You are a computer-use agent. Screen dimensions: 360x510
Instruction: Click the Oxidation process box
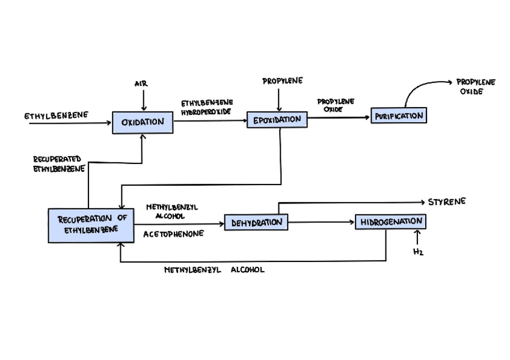(x=143, y=123)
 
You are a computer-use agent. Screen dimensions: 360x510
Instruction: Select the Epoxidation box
(x=277, y=120)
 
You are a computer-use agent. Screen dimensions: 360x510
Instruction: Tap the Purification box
(x=399, y=115)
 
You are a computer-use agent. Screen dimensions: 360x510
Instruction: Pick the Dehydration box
(x=256, y=222)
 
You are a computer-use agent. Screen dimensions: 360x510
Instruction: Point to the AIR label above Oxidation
(x=141, y=84)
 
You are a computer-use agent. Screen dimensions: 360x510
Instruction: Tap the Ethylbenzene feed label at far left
(x=57, y=115)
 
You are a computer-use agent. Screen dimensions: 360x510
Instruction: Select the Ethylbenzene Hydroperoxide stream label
(x=207, y=107)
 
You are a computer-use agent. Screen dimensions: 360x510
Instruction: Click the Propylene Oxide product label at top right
(x=475, y=87)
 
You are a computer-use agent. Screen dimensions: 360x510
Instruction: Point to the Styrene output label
(x=446, y=202)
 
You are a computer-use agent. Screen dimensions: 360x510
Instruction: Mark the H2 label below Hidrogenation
(x=418, y=252)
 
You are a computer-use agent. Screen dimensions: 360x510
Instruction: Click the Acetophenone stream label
(x=173, y=234)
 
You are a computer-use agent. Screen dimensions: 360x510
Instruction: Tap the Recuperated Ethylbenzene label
(x=58, y=163)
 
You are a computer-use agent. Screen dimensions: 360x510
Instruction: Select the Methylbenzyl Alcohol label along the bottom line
(x=214, y=270)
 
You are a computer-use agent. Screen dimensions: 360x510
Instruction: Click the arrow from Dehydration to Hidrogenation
(x=321, y=222)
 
